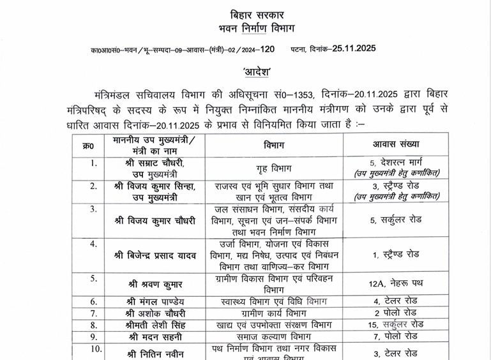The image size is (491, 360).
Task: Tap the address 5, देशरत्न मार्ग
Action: click(x=396, y=163)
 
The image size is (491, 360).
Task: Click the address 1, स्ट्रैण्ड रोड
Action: click(x=396, y=254)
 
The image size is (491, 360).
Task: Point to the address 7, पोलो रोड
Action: click(x=396, y=336)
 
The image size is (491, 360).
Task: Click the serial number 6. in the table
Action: click(x=93, y=301)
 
